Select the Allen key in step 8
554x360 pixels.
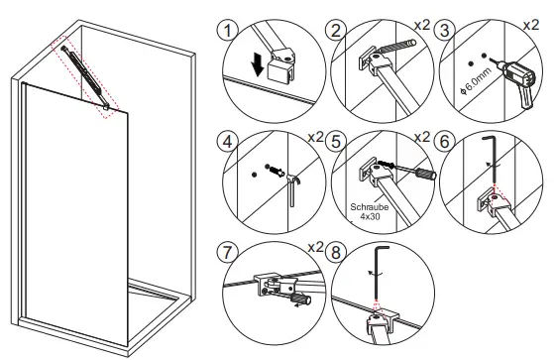pos(380,271)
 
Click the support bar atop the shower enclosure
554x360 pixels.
pos(83,73)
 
